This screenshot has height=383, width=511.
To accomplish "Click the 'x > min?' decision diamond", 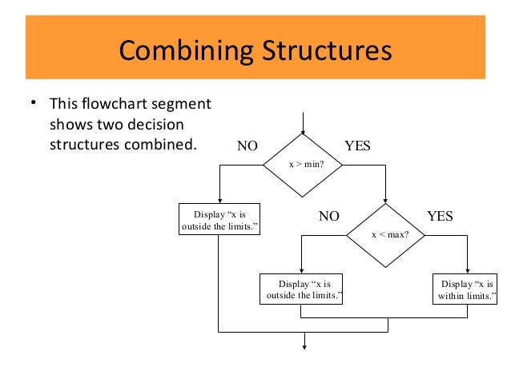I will (x=304, y=164).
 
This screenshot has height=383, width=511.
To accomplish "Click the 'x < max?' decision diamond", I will (x=387, y=236).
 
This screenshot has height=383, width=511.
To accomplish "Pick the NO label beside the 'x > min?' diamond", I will (x=247, y=146).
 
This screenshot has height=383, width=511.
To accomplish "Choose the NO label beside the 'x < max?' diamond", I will (x=329, y=216).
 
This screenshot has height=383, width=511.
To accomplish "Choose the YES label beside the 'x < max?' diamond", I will (x=440, y=216).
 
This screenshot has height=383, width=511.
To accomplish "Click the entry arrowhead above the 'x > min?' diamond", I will (x=304, y=130).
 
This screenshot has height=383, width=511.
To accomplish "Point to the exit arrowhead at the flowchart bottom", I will (x=304, y=346).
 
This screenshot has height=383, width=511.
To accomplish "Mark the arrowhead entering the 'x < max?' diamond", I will (x=387, y=201).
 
